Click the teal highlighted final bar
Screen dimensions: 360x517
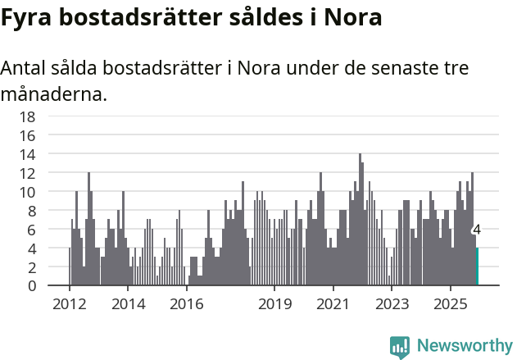(x=477, y=267)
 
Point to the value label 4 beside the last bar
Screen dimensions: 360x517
(x=476, y=230)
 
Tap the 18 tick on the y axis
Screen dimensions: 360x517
(x=27, y=116)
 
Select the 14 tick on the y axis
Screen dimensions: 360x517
(x=27, y=154)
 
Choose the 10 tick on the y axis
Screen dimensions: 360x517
(x=27, y=192)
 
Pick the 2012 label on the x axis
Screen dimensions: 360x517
(x=69, y=304)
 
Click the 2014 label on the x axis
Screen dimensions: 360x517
(x=129, y=304)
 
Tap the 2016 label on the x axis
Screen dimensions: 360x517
(x=187, y=304)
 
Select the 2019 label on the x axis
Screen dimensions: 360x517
(x=274, y=304)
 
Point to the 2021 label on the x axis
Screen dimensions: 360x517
(x=333, y=304)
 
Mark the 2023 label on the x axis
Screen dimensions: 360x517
(x=392, y=304)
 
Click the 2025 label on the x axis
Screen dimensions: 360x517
(x=451, y=304)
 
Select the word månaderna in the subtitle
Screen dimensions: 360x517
(x=53, y=94)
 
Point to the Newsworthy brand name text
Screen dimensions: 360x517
(x=464, y=346)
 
